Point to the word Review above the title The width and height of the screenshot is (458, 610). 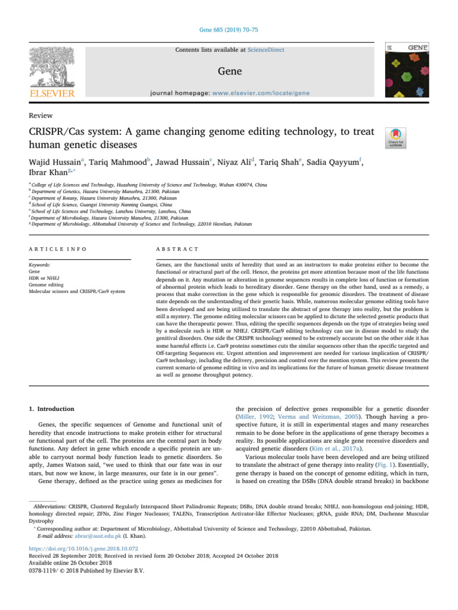(x=40, y=115)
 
